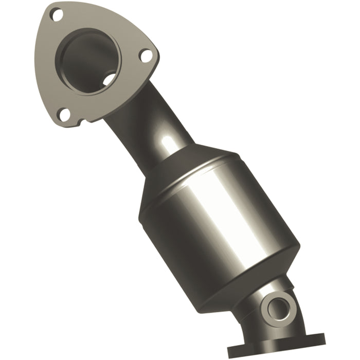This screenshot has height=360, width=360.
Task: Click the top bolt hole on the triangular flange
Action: [57, 15]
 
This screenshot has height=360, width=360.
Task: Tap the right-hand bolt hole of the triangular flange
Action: [146, 55]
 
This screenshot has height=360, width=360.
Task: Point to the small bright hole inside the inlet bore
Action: [109, 80]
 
